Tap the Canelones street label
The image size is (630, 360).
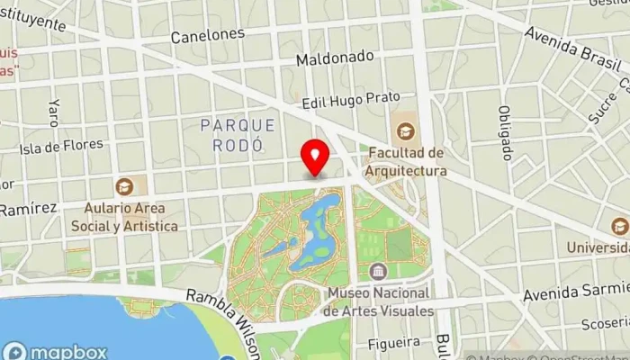click(209, 35)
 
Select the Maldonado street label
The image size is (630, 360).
click(335, 57)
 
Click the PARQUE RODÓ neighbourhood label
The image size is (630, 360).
click(232, 134)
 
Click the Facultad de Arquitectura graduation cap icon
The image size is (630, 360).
click(405, 131)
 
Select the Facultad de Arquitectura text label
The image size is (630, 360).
click(406, 162)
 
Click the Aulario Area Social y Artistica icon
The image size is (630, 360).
click(124, 186)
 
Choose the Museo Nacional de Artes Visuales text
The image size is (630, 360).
click(379, 301)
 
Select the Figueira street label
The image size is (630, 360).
click(394, 342)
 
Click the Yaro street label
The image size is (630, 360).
click(54, 112)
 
